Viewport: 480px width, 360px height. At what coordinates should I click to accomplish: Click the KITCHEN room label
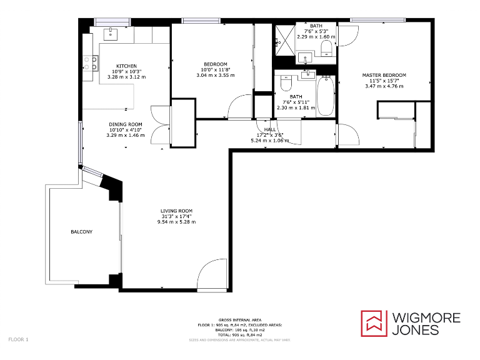(x=127, y=66)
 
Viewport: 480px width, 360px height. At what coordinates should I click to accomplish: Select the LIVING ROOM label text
(x=176, y=211)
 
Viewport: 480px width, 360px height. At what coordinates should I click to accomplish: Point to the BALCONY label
(x=81, y=232)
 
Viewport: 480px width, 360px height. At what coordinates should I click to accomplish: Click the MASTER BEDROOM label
(x=384, y=75)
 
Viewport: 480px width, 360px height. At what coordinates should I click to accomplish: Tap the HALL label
(x=270, y=129)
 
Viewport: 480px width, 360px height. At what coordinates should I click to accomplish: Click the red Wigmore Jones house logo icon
(x=374, y=322)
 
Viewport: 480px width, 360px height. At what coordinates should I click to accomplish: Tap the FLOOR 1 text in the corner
(x=18, y=339)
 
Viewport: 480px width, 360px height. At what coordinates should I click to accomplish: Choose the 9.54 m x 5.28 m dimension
(x=176, y=222)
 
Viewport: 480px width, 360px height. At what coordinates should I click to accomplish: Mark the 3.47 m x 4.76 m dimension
(x=384, y=86)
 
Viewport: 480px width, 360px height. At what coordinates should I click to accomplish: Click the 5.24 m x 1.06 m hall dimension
(x=270, y=141)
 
